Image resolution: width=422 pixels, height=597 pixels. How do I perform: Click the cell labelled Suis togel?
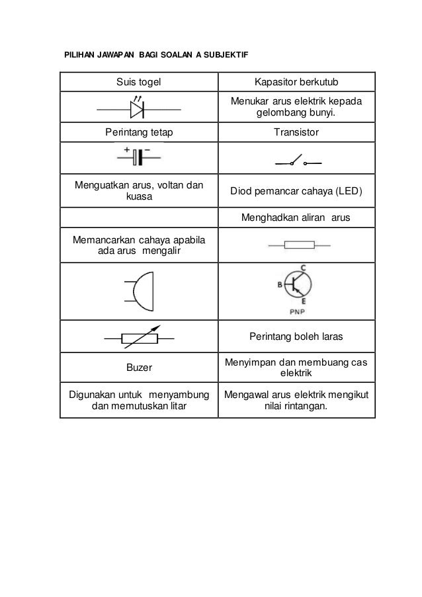(138, 82)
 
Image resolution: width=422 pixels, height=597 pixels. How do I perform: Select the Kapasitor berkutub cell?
(296, 82)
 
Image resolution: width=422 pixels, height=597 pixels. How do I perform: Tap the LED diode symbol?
(138, 108)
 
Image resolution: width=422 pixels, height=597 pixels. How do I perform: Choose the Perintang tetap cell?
(138, 132)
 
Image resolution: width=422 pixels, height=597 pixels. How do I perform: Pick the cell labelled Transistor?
(296, 132)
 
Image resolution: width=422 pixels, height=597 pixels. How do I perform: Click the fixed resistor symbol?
(296, 245)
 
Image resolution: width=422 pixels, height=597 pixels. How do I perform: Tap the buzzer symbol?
(140, 291)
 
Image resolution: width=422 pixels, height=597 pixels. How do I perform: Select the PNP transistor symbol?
(298, 286)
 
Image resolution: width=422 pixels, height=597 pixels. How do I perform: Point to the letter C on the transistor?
(303, 267)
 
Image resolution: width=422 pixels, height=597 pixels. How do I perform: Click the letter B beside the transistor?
(280, 285)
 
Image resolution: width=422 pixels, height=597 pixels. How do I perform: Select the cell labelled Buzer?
(138, 366)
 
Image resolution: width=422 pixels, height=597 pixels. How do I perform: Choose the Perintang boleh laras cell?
(296, 337)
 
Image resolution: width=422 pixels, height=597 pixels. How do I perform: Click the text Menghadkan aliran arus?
(296, 217)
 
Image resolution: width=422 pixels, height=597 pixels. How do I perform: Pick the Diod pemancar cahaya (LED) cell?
(296, 192)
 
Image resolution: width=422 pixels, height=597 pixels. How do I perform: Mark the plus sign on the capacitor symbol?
(126, 149)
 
